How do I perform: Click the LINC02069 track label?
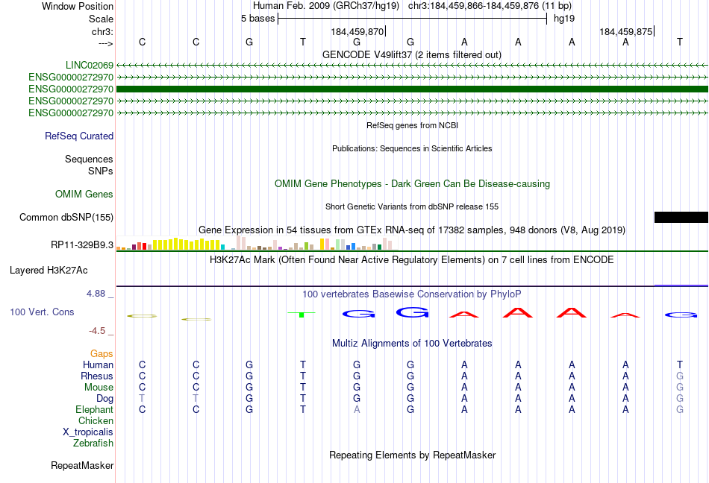(90, 65)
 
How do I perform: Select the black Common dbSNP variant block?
(681, 217)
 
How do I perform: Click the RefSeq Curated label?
(79, 136)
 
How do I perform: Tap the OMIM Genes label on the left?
(84, 194)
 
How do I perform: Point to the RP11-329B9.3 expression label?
(82, 244)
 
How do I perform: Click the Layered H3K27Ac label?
(49, 271)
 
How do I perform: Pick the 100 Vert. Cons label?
(42, 312)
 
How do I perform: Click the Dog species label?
(105, 398)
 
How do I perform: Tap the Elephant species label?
(95, 409)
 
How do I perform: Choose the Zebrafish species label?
(93, 443)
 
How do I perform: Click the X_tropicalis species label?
(88, 432)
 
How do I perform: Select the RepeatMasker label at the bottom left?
(82, 465)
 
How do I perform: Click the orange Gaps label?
(101, 353)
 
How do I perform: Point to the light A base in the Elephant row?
(357, 409)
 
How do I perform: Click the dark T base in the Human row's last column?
(680, 364)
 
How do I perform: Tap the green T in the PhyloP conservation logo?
(302, 315)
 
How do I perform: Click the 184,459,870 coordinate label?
(357, 31)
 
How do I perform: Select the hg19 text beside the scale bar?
(564, 19)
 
